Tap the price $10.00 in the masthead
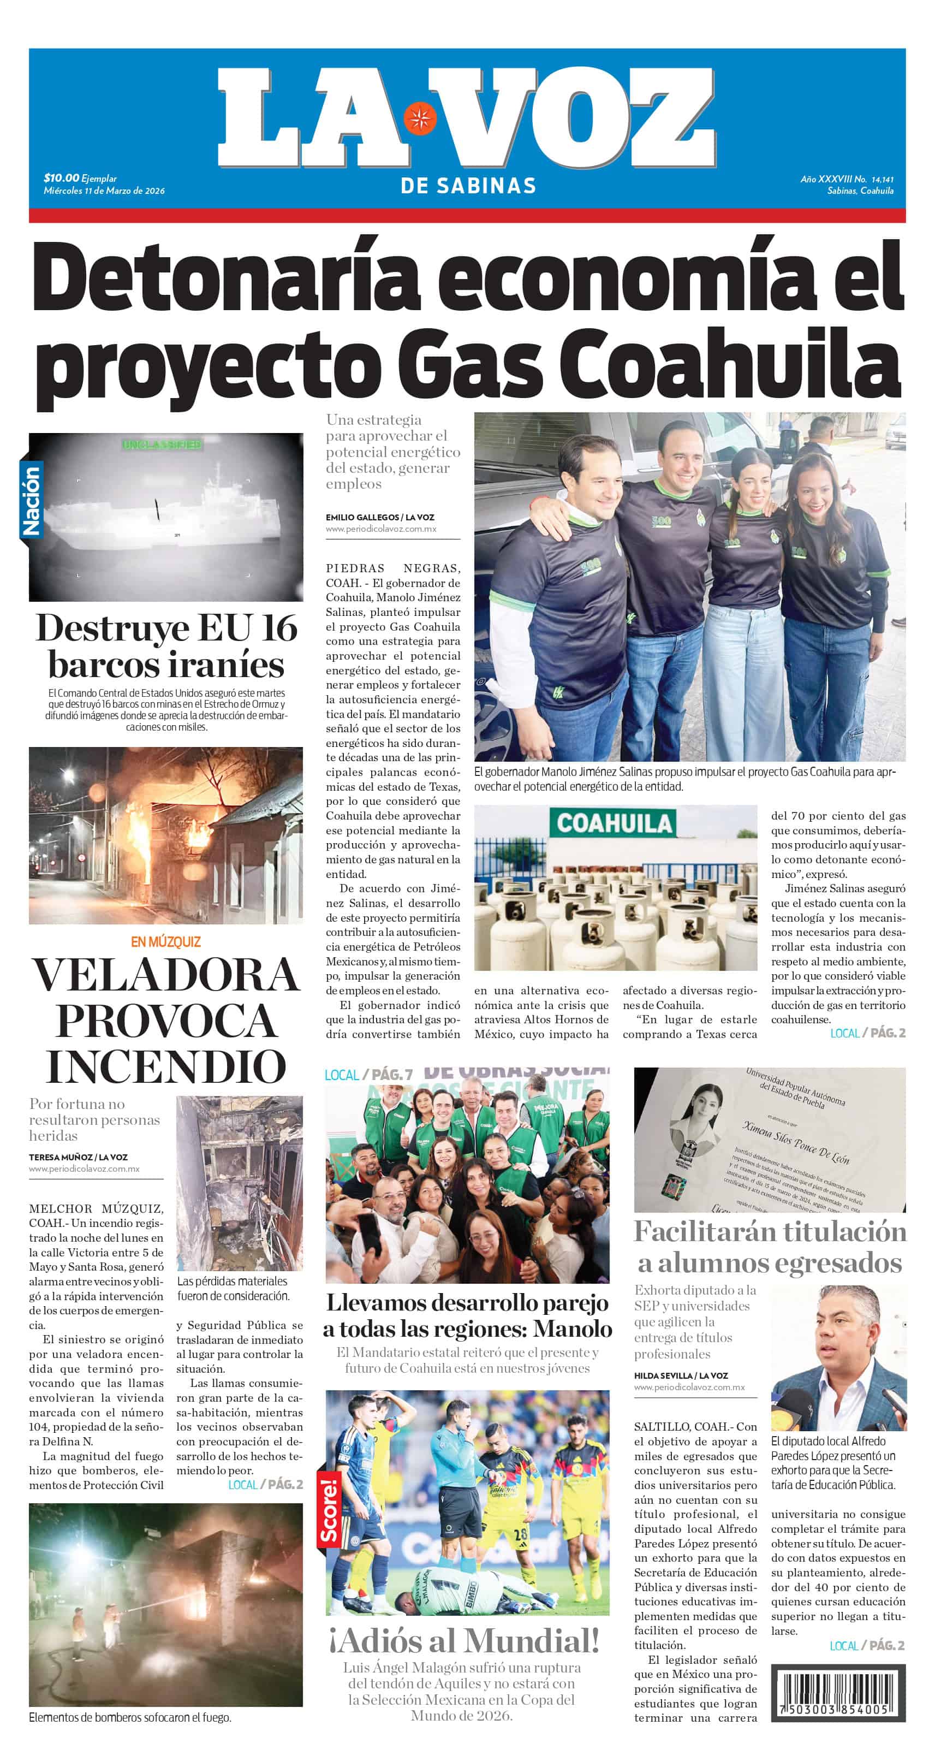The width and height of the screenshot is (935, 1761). click(62, 179)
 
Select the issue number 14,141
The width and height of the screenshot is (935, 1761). click(883, 180)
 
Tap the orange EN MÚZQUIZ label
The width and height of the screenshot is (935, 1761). click(165, 942)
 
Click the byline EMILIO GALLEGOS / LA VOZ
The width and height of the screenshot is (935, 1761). click(379, 518)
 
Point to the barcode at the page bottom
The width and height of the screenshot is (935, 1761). click(838, 1693)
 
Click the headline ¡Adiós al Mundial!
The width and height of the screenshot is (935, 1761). click(464, 1641)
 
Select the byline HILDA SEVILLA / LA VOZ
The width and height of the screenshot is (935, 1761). click(681, 1375)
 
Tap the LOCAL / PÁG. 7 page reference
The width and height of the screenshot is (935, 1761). click(368, 1075)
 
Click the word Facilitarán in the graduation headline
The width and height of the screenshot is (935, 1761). click(704, 1232)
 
